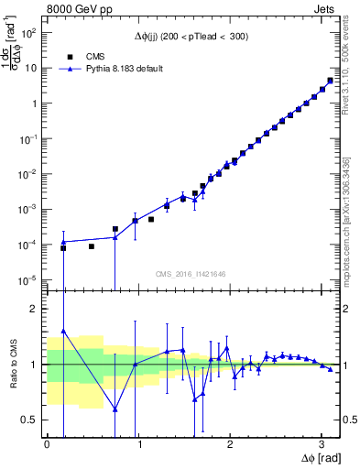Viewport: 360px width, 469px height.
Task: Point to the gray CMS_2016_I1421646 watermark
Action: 190,273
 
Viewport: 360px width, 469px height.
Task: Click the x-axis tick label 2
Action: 230,444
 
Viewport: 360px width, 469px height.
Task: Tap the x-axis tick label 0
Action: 47,444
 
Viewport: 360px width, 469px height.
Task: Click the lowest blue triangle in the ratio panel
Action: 115,409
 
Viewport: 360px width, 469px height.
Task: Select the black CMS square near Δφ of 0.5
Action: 92,246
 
